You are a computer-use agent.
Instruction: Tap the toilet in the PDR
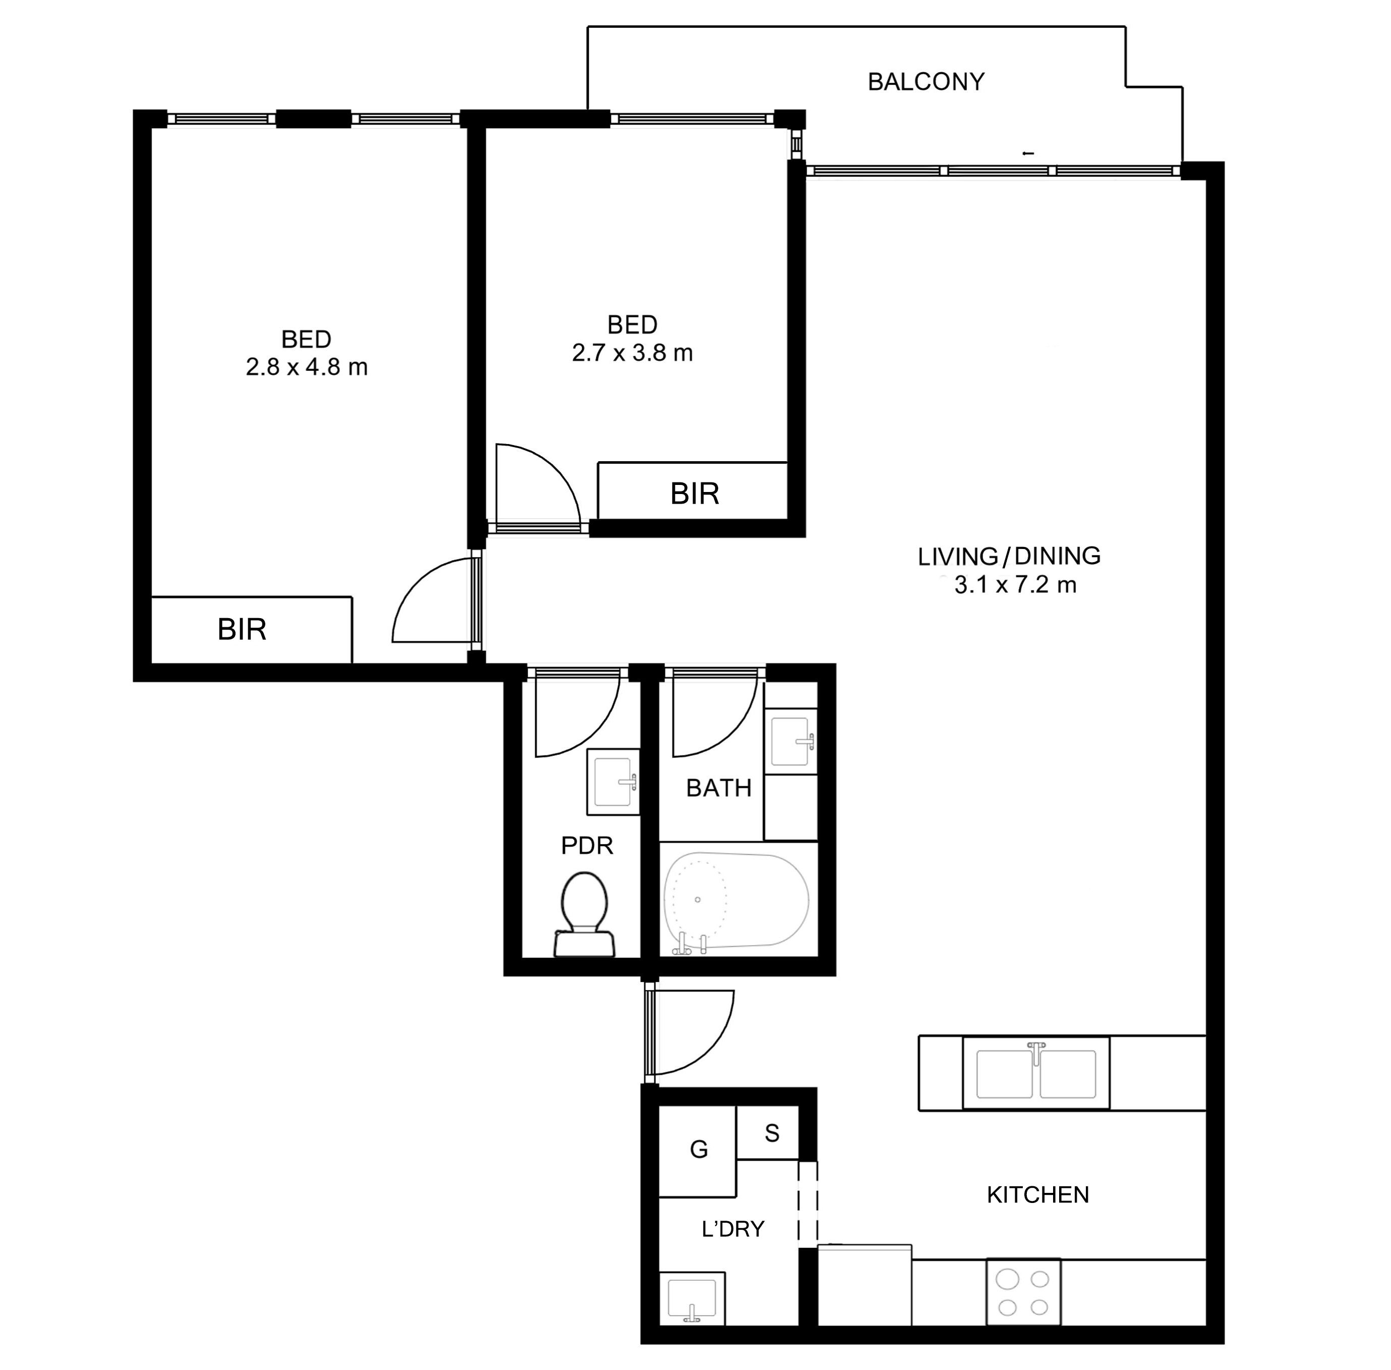click(584, 914)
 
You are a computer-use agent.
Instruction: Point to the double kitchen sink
click(1036, 1073)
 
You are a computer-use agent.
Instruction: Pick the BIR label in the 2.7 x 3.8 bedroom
click(694, 494)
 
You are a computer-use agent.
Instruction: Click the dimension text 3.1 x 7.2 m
click(1015, 585)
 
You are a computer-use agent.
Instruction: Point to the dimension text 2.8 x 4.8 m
click(307, 367)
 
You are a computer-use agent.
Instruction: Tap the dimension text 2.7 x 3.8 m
click(632, 353)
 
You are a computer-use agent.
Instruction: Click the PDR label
click(587, 845)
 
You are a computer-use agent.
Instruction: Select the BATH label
click(719, 788)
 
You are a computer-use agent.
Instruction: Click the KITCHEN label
click(1037, 1194)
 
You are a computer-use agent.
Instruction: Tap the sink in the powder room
click(613, 782)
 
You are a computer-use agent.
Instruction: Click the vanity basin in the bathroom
click(790, 741)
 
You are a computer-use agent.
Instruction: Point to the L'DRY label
click(732, 1229)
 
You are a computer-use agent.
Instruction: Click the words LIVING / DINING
click(1009, 556)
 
